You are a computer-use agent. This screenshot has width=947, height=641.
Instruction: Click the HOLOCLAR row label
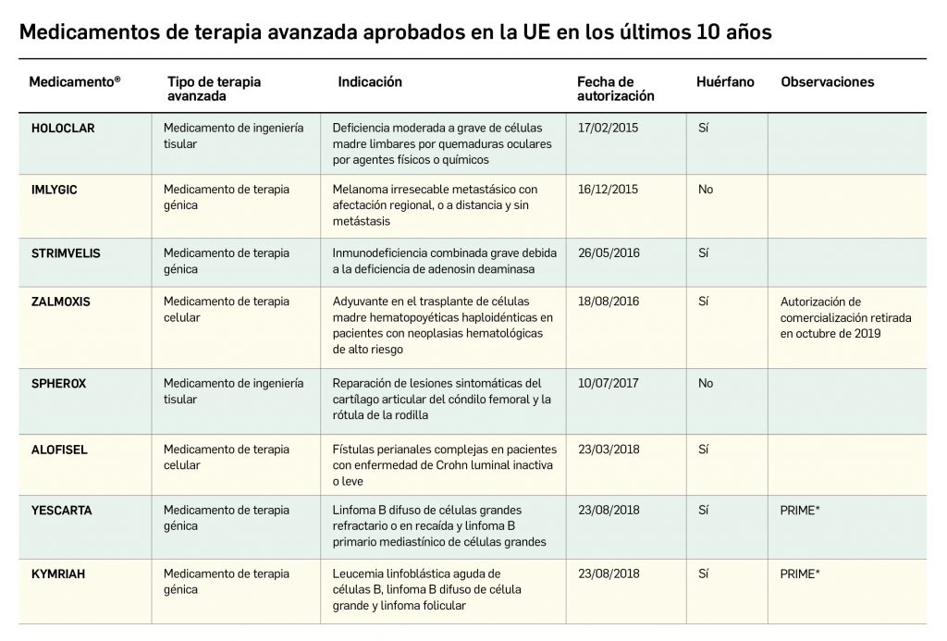(63, 129)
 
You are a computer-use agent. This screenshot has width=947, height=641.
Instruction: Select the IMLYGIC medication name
(55, 190)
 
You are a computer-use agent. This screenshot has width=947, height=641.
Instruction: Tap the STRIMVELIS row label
(66, 253)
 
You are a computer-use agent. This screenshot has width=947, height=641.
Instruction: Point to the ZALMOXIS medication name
(61, 302)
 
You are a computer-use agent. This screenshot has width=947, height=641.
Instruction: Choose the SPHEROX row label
(58, 383)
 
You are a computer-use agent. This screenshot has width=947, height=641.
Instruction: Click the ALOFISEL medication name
(60, 450)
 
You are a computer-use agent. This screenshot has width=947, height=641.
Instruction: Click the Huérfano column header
(725, 82)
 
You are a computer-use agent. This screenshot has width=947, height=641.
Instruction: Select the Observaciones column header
(827, 82)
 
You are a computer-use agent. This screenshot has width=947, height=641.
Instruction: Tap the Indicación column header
(370, 82)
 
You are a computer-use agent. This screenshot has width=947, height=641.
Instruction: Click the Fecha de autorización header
(615, 89)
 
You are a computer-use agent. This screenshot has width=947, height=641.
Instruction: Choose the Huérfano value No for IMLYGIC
(706, 190)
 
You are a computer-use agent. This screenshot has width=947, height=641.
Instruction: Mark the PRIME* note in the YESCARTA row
(800, 511)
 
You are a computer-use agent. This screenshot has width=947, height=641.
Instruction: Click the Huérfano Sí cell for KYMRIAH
(704, 573)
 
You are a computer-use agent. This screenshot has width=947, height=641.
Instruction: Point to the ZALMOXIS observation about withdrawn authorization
(845, 317)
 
